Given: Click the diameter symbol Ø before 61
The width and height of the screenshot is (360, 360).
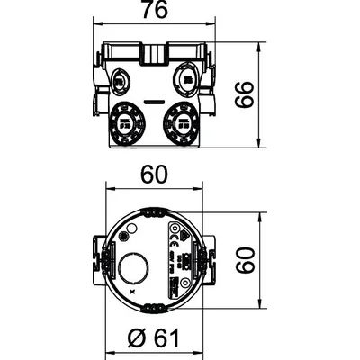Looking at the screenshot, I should [135, 338].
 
